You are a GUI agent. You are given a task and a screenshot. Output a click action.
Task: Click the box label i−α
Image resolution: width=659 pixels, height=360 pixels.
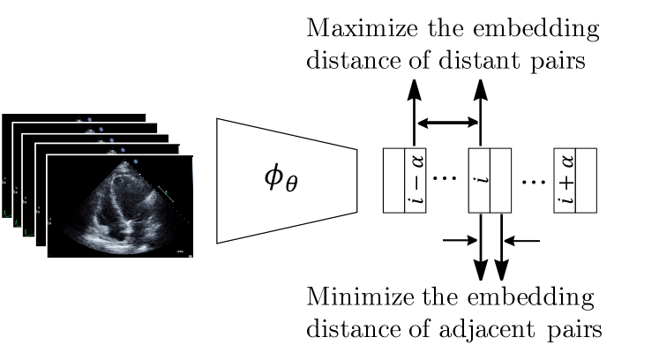(x=415, y=181)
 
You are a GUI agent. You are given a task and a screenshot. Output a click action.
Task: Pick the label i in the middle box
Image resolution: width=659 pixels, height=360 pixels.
(x=479, y=181)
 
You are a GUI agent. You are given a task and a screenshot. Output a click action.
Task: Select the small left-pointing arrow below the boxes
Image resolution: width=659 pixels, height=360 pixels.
(x=523, y=238)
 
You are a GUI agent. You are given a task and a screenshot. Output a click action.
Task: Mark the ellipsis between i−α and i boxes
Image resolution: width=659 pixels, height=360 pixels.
(x=446, y=181)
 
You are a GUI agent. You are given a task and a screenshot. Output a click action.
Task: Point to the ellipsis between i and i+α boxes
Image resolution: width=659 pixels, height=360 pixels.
(x=533, y=181)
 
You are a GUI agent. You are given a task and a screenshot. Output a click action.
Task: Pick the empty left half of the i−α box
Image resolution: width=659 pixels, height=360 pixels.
(x=393, y=181)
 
